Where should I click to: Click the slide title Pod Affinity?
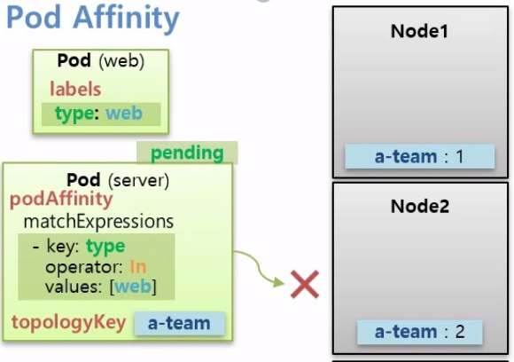(x=93, y=19)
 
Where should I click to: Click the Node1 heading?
(x=419, y=31)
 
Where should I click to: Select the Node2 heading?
(x=419, y=207)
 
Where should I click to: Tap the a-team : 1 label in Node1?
(x=419, y=156)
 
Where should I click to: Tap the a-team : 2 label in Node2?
(x=420, y=332)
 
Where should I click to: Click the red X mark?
(x=305, y=284)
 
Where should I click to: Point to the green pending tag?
(x=187, y=153)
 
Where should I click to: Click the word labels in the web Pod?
(x=75, y=90)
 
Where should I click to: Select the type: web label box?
(x=101, y=114)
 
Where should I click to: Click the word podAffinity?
(x=61, y=200)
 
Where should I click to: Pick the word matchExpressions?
(x=98, y=220)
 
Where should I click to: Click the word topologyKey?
(x=68, y=322)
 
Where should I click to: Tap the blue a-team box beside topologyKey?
(x=179, y=324)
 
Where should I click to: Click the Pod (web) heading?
(x=100, y=61)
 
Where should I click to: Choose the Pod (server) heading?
(x=118, y=180)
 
